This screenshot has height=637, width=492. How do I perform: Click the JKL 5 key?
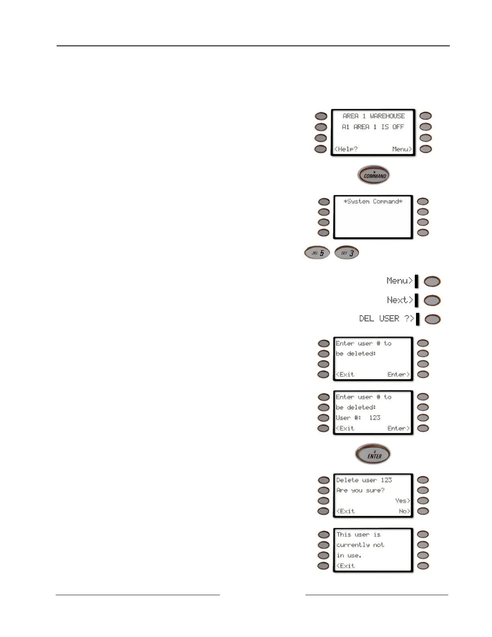pos(317,253)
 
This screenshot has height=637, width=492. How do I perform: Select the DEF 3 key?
pos(347,253)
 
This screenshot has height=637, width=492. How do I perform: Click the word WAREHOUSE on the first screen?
pos(387,116)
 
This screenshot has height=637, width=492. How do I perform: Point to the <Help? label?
pos(346,149)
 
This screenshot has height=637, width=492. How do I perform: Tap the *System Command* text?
pos(373,201)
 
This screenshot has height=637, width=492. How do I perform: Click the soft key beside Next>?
pos(432,300)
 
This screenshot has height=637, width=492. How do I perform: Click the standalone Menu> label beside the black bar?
pos(400,281)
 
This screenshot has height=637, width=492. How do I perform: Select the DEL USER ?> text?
pos(386,318)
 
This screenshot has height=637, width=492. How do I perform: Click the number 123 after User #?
pos(375,418)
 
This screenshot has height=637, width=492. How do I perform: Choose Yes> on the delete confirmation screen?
pos(402,501)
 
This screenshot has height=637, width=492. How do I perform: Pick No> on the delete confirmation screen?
pos(404,511)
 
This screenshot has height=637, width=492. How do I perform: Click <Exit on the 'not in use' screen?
pos(346,566)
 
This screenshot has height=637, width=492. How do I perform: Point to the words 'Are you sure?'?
pos(360,490)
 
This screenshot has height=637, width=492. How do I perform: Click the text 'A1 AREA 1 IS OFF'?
pos(373,127)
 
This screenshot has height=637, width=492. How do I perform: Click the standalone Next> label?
pos(400,300)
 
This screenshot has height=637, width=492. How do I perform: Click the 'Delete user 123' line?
pos(364,480)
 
